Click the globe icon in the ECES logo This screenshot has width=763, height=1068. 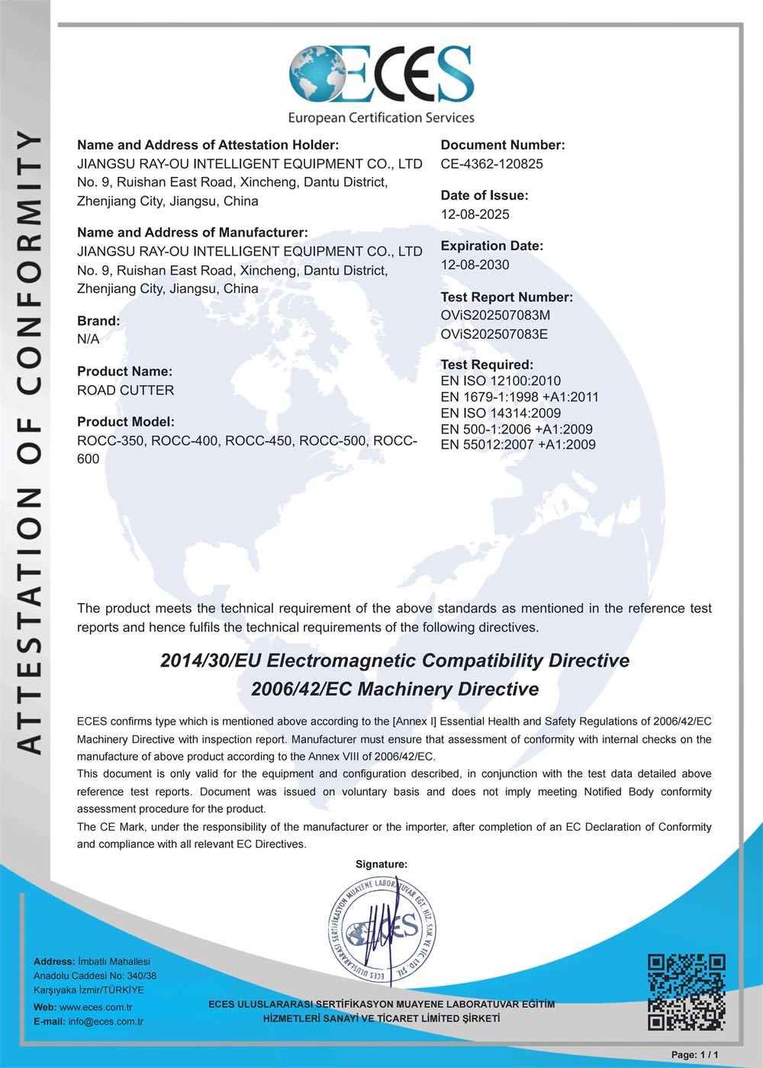click(x=317, y=74)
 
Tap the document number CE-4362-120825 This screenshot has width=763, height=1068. click(x=492, y=164)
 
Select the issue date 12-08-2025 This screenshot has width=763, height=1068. click(x=475, y=214)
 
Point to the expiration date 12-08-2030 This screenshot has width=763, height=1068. click(x=475, y=265)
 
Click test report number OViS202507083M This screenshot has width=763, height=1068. click(x=495, y=315)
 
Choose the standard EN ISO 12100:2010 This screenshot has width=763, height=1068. click(x=501, y=381)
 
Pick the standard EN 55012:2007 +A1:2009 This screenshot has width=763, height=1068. click(x=518, y=445)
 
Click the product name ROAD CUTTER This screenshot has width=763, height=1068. click(x=126, y=390)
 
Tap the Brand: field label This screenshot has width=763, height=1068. click(x=98, y=321)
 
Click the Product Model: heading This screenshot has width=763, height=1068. click(x=126, y=422)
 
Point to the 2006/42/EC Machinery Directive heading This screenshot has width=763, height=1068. click(x=394, y=689)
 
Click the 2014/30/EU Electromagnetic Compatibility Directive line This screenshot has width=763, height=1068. click(x=394, y=661)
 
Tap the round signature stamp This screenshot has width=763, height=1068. click(x=382, y=929)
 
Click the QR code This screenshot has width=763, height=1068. click(x=686, y=991)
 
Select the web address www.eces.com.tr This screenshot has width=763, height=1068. click(x=95, y=1007)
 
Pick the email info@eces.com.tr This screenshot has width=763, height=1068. click(x=105, y=1021)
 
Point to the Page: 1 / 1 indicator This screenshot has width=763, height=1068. click(x=694, y=1054)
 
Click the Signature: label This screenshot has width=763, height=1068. click(x=381, y=864)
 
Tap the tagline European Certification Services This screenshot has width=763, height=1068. click(x=381, y=117)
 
